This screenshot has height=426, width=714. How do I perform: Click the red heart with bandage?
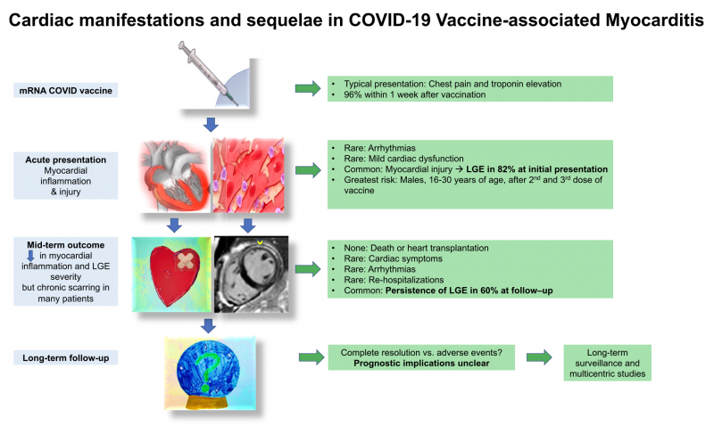coord(174,273)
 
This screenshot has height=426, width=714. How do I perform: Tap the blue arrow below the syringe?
coord(211,122)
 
